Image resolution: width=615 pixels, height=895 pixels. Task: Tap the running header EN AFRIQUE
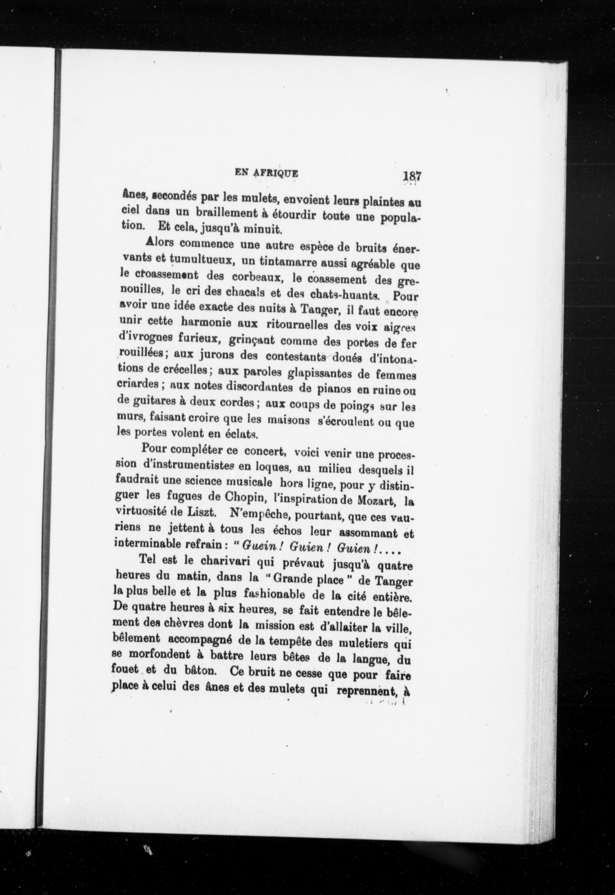266,173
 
